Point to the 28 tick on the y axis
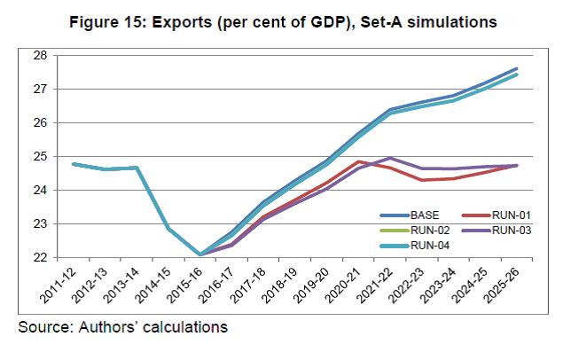coord(40,55)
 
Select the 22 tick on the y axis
coord(40,257)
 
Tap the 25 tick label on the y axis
coord(40,156)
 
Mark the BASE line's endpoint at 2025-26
coord(517,68)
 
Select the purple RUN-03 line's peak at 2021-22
coord(391,158)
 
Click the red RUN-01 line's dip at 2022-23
coord(423,180)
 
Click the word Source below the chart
coord(46,327)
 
